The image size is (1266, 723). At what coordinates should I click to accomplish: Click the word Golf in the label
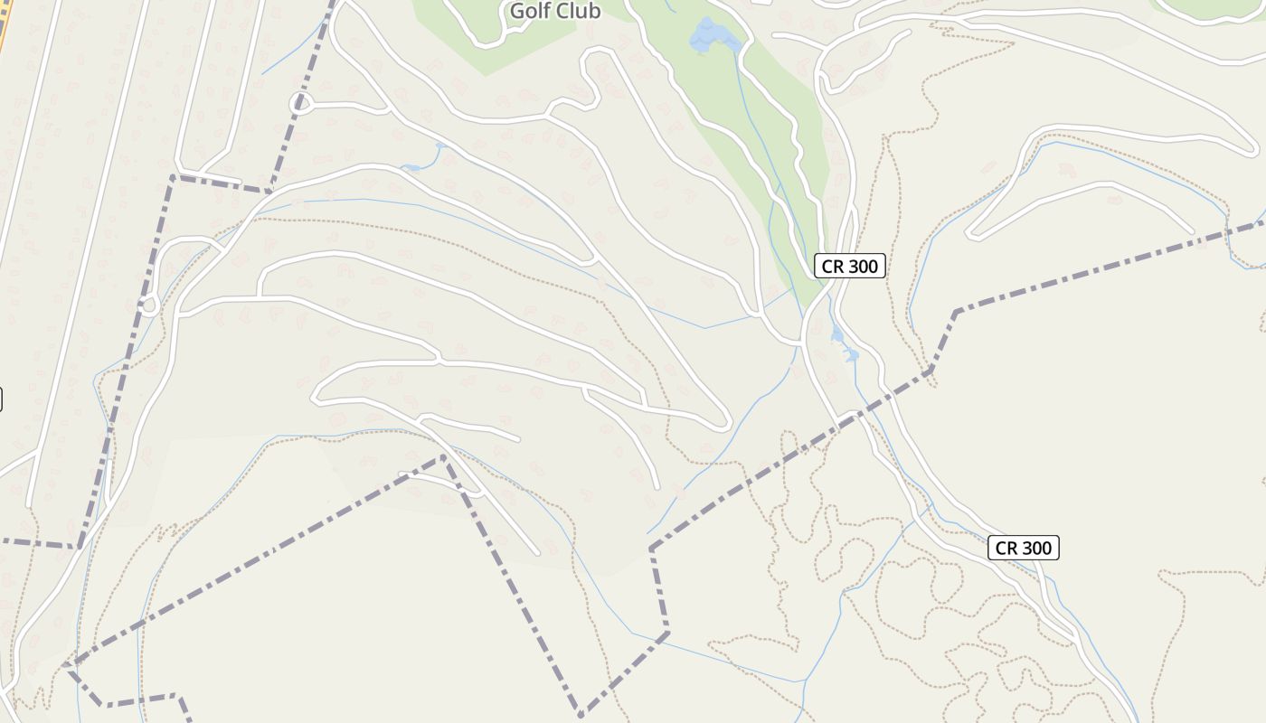530,11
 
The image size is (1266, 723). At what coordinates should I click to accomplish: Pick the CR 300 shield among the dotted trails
1023,548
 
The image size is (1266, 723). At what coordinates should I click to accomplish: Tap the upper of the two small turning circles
303,103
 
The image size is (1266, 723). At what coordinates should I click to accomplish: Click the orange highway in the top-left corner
4,27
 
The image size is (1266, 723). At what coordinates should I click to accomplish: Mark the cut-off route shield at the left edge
1,399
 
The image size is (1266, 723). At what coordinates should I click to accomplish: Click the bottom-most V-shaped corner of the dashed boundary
581,714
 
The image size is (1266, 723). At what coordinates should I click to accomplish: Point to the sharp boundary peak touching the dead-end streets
443,457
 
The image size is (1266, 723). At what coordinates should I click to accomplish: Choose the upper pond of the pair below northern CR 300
836,336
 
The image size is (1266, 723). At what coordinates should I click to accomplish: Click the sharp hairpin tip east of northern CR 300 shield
970,234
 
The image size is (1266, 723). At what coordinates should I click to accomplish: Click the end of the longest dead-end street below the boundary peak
537,552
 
